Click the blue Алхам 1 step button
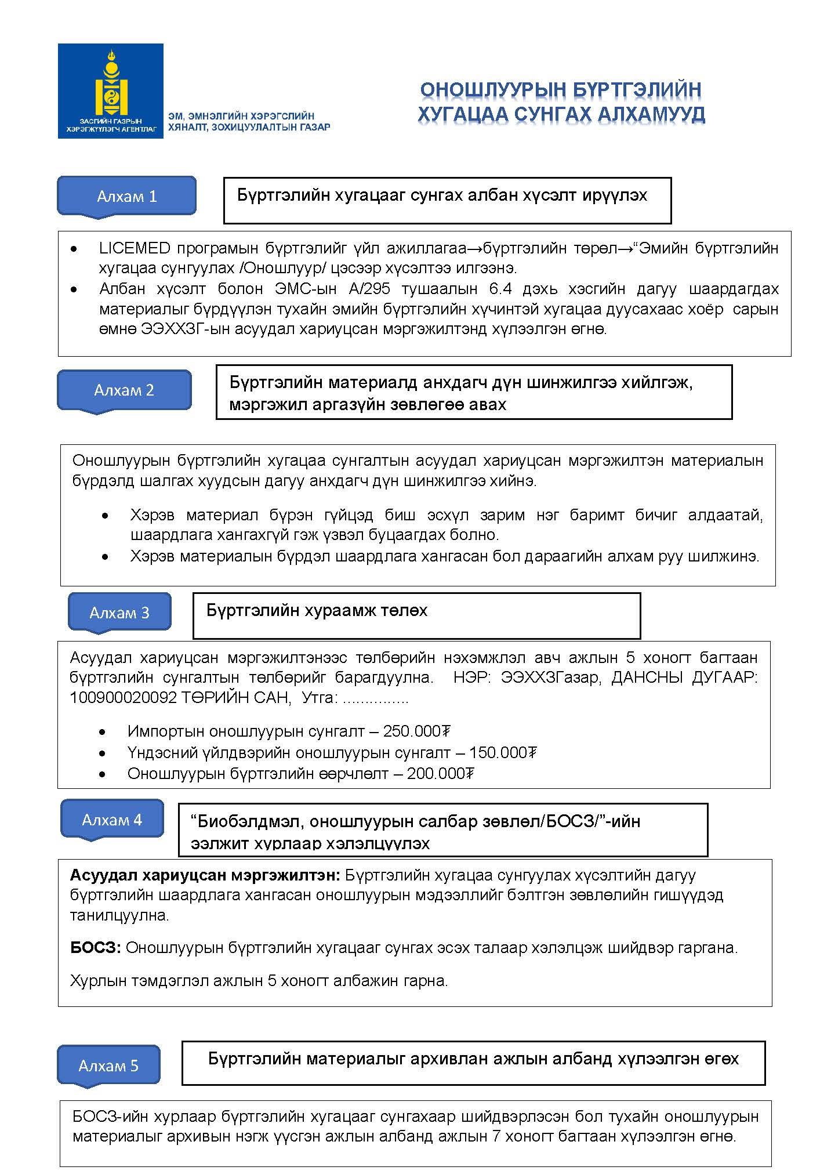[126, 196]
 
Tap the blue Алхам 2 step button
[124, 390]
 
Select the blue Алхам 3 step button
[119, 613]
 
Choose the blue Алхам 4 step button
[112, 820]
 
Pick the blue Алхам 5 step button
[108, 1066]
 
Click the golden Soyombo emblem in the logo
[111, 84]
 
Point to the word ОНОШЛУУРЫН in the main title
[492, 90]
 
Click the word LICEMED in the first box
[134, 248]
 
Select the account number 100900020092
[123, 698]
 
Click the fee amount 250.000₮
[417, 731]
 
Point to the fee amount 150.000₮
[503, 752]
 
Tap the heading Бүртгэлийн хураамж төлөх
[317, 610]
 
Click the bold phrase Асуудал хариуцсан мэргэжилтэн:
[206, 875]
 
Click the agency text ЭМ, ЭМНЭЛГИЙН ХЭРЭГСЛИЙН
[241, 116]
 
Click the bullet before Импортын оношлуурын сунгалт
[103, 732]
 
